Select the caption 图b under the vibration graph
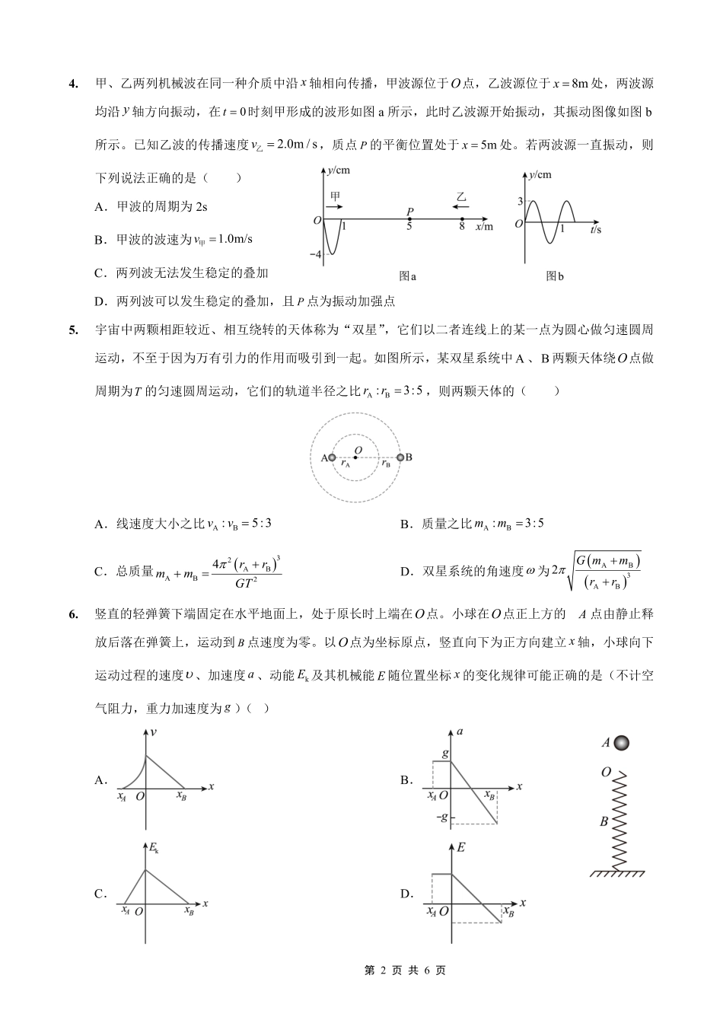(555, 276)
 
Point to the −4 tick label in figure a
(317, 253)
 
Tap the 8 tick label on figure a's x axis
(462, 227)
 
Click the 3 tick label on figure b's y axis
(521, 201)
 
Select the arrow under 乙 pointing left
(461, 206)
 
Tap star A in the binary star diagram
(332, 457)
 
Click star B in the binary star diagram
(400, 457)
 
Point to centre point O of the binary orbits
(358, 458)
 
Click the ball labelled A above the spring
(623, 742)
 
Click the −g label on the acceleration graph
(441, 817)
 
